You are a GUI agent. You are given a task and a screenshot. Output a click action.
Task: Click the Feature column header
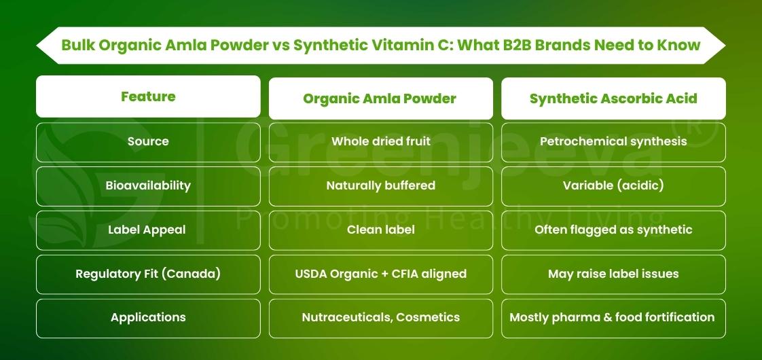point(148,96)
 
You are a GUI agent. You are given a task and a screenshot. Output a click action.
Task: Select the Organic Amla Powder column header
point(380,98)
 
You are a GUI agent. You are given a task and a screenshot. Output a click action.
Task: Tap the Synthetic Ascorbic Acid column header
point(613,98)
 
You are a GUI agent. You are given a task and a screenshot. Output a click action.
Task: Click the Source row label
point(148,142)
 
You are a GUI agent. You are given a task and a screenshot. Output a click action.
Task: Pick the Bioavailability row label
point(148,185)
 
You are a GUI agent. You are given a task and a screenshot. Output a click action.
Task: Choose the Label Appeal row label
point(148,230)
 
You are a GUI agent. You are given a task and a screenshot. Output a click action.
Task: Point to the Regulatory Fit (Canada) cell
point(148,274)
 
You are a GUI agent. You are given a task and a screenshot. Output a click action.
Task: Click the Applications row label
point(148,318)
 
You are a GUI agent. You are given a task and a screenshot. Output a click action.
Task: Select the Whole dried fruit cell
point(380,142)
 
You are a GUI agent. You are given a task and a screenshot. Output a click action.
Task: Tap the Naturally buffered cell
point(380,185)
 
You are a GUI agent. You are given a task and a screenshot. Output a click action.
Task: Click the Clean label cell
point(380,230)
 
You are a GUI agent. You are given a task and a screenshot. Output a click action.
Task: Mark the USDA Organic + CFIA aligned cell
point(380,274)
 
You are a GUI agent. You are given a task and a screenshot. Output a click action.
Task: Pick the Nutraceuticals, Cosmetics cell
point(380,318)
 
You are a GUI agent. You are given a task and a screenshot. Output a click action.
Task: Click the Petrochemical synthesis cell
point(613,142)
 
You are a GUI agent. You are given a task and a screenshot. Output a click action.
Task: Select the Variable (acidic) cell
point(613,185)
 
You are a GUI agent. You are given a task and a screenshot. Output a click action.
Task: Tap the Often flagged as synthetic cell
point(613,230)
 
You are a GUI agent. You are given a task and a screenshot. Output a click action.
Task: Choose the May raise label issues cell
point(613,274)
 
